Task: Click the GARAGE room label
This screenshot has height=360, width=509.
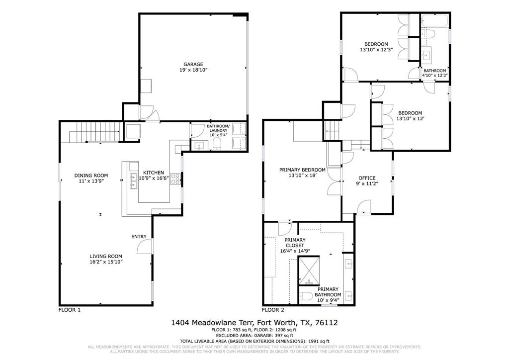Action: coord(193,64)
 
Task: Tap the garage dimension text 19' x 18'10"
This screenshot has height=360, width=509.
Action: coord(193,71)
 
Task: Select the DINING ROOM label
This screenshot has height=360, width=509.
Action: coord(91,175)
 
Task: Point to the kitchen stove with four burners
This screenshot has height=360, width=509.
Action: coord(175,179)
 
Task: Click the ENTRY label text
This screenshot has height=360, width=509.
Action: coord(139,237)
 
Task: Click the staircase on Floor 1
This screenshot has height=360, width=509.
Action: coord(94,133)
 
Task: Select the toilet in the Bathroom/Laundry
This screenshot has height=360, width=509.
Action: coord(217,144)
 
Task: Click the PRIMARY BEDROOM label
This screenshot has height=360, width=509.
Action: coord(302,170)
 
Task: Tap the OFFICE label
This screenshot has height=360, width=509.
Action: coord(367,178)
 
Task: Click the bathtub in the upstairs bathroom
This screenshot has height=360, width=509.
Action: coord(434,20)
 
